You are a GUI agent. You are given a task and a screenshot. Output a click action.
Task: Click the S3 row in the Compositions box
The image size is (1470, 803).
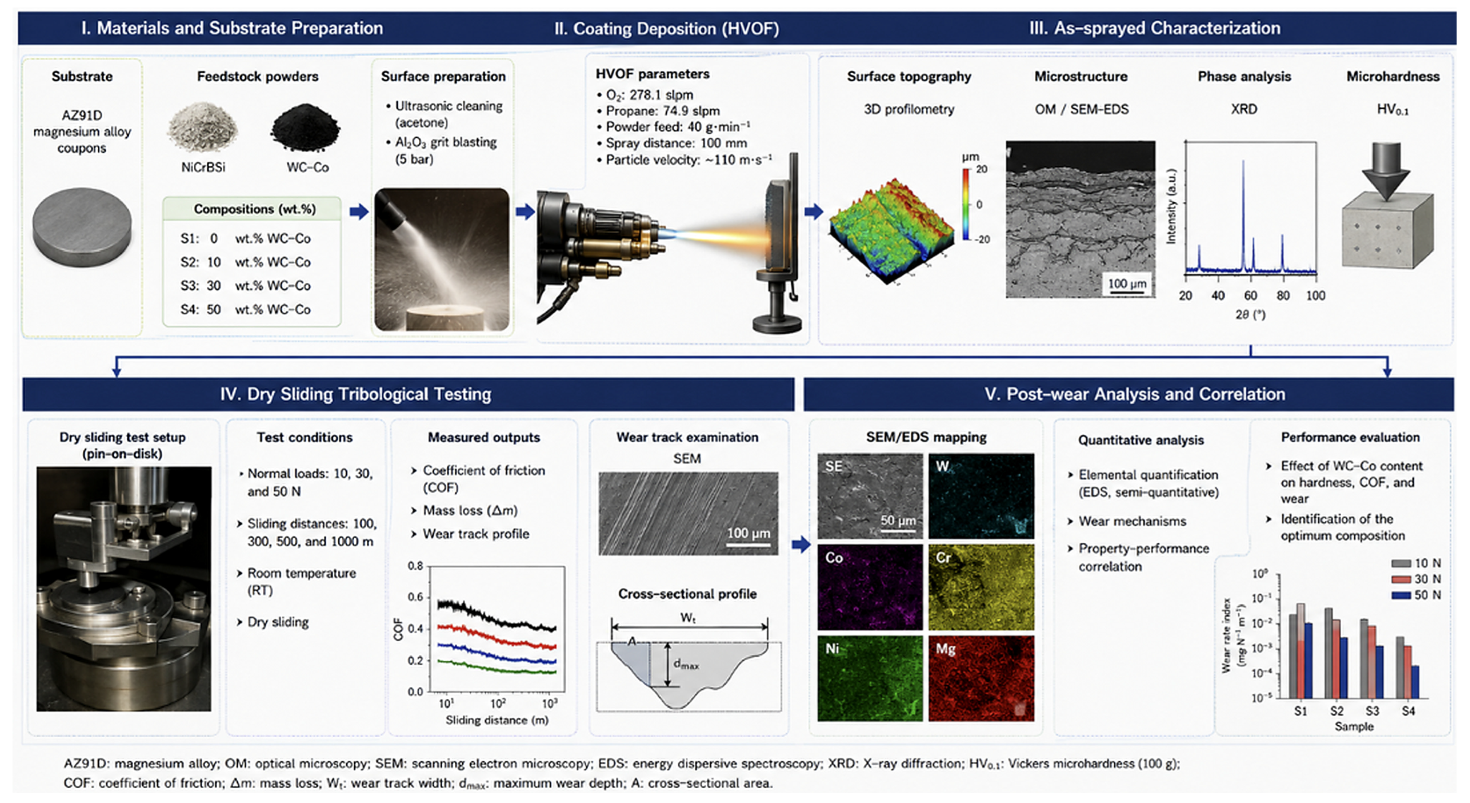point(245,285)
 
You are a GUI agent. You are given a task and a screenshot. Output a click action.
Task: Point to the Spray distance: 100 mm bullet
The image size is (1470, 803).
point(672,143)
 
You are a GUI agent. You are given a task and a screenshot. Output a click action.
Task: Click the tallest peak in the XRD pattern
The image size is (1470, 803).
point(1244,162)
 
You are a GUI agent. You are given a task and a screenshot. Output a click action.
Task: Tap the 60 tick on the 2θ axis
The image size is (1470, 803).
point(1250,295)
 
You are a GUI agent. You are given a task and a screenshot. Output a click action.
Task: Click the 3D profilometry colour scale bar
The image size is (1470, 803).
point(966,204)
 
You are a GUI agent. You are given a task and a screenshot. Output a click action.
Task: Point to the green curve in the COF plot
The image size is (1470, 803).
point(497,668)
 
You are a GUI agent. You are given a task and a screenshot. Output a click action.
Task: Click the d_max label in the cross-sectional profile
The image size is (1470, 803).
point(686,664)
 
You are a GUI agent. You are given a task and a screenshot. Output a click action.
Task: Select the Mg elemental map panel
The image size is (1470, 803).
point(981,678)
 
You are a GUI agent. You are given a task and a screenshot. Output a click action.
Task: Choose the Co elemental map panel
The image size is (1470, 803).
point(870,587)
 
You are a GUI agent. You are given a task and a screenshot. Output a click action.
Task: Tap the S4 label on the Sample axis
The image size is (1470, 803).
point(1408,711)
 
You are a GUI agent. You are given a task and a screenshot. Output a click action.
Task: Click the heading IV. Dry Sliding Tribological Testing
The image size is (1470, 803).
point(355,394)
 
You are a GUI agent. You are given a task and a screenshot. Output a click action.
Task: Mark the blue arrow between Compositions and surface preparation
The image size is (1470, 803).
point(359,212)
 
